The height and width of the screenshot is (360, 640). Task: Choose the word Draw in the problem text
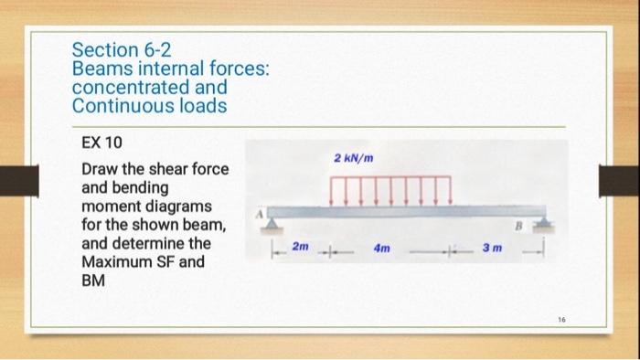(99, 170)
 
